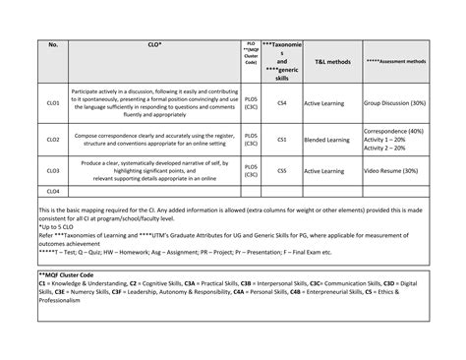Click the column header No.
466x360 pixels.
(52, 44)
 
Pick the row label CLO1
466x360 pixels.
(52, 102)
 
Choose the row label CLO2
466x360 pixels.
(52, 140)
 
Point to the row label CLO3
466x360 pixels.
(52, 170)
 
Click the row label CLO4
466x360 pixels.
(52, 191)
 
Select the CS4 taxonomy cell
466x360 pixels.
(281, 102)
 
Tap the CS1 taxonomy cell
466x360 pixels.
(281, 140)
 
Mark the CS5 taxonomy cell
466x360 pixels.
(281, 170)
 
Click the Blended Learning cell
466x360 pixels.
(329, 140)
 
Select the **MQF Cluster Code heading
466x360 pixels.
(73, 273)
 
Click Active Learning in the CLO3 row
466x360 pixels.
(326, 170)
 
